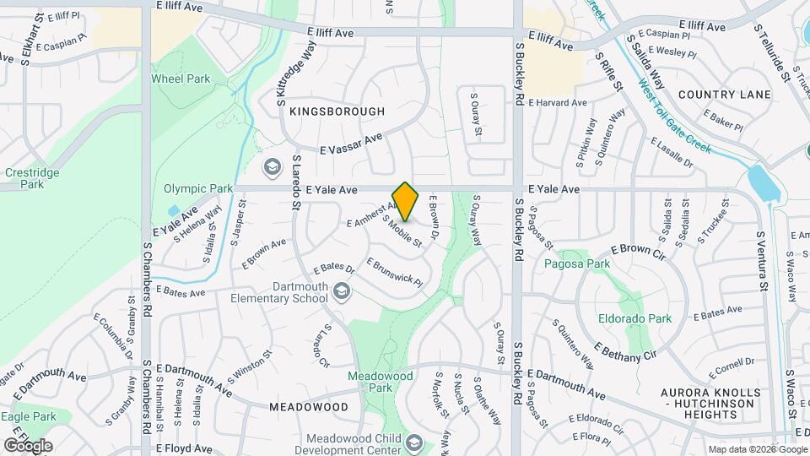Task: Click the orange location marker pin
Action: tap(406, 201)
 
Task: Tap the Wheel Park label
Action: tap(181, 79)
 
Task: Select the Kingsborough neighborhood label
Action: tap(337, 111)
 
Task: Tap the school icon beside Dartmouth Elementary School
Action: tap(342, 293)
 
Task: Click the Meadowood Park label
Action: tap(370, 382)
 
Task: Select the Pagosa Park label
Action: tap(586, 264)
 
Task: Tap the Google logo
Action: tap(28, 445)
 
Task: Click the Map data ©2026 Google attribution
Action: tap(757, 449)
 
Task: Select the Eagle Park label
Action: tap(29, 416)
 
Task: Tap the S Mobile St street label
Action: tap(402, 231)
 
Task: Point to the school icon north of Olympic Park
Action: tap(272, 166)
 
